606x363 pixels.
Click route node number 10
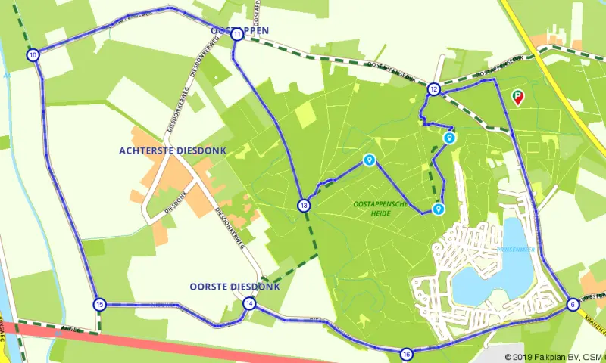pos(33,55)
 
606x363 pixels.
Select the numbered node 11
pos(237,34)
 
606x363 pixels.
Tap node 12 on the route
pos(433,88)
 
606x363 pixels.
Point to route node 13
pos(304,205)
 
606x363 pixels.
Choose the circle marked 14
pos(249,304)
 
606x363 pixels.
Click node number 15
pos(99,304)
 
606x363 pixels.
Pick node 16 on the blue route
pos(407,354)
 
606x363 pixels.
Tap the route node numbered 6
pos(572,305)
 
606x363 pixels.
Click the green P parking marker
pos(518,97)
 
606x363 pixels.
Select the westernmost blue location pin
pos(369,160)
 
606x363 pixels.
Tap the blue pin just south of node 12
pos(449,138)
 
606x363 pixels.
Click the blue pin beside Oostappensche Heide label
pos(438,208)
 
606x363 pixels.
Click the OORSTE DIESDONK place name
pos(234,287)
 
